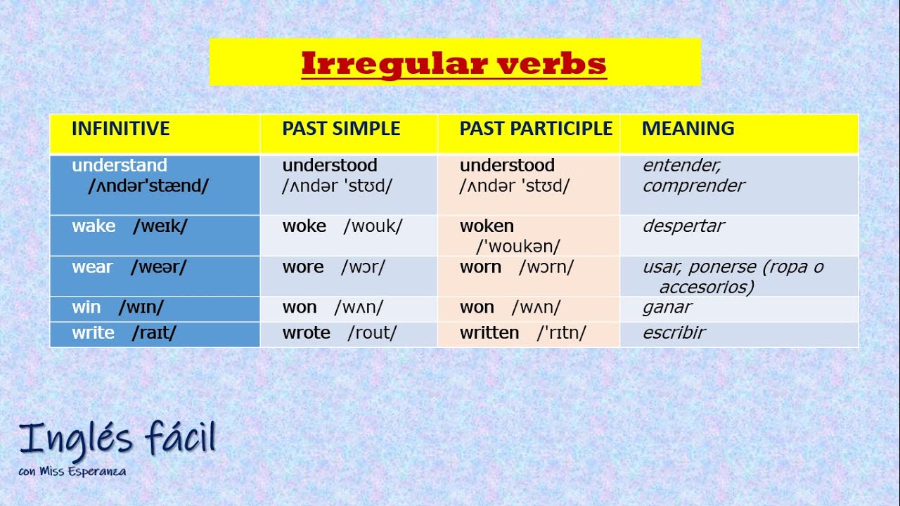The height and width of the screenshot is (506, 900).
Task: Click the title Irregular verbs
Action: pos(454,64)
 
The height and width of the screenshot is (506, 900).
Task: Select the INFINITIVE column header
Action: pos(120,129)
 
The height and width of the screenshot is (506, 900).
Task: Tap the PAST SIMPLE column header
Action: pos(341,129)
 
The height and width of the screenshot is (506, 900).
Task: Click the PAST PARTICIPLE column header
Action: pos(536,129)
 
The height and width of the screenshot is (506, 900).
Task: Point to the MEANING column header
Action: pos(688,129)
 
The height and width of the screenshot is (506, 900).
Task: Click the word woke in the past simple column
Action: pos(304,226)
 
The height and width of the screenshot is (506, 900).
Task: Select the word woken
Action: pos(487,226)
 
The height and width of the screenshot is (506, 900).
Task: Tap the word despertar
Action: pos(683,226)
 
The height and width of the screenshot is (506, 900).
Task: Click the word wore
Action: pos(302,267)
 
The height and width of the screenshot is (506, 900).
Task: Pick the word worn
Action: pos(480,267)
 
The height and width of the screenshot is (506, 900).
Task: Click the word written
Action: pos(489,333)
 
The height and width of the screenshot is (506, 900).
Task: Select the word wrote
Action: pos(306,333)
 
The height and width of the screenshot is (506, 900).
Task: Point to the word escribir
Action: pos(674,333)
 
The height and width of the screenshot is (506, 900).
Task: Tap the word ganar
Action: pos(667,308)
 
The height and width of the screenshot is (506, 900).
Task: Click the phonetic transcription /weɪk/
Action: pos(160,226)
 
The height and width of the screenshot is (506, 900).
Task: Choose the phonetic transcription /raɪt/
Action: pos(154,333)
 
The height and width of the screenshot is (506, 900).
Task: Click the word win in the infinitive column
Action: pos(86,308)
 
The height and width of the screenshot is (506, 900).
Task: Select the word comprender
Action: pos(693,186)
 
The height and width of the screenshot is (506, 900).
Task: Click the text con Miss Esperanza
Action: pos(72,472)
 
